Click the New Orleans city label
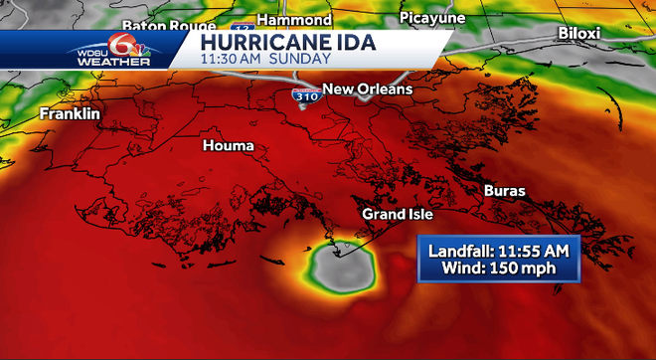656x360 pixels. [x=367, y=90]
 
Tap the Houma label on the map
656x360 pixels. [x=229, y=146]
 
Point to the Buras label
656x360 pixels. [x=505, y=190]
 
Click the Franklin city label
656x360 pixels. [x=70, y=114]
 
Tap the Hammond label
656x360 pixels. [x=293, y=20]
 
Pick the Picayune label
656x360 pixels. [x=432, y=18]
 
